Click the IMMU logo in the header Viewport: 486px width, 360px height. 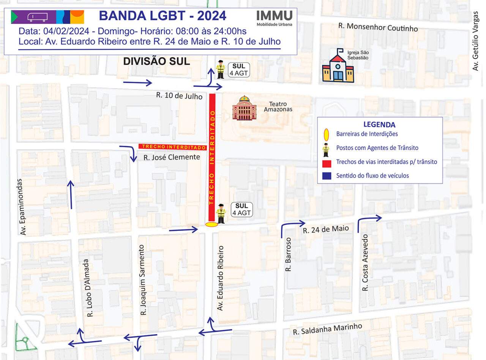point(274,17)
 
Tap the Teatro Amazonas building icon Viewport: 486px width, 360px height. point(244,108)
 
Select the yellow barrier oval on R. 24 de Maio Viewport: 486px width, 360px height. point(211,224)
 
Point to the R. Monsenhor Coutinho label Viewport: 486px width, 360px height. point(378,27)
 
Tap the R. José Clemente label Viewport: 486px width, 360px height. point(171,157)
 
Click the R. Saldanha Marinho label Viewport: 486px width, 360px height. point(327,329)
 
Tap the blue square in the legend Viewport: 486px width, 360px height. point(326,176)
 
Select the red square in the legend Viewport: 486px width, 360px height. point(326,162)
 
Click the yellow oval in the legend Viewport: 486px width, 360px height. point(326,134)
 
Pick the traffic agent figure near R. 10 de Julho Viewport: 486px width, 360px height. point(220,69)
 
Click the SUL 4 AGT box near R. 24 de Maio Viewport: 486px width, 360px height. point(241,209)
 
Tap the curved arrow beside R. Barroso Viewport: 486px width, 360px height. point(292,227)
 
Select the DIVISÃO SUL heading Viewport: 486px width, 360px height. point(156,61)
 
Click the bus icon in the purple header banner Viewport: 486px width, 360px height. point(38,17)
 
